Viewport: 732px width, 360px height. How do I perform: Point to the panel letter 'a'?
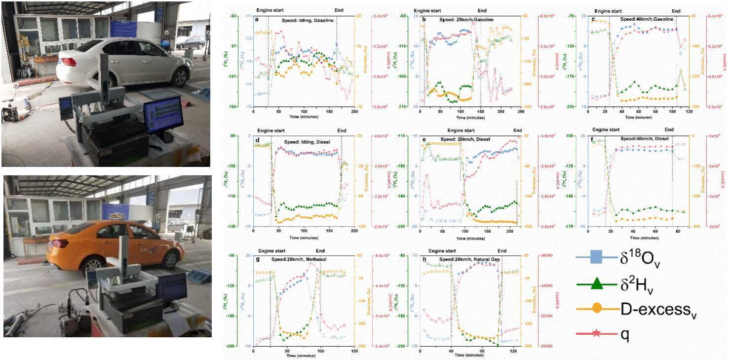(x=257, y=19)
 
